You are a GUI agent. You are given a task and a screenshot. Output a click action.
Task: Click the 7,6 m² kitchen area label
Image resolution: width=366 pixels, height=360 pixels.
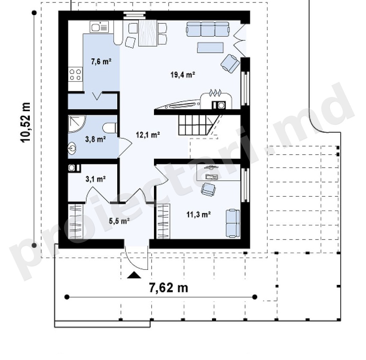[101, 62]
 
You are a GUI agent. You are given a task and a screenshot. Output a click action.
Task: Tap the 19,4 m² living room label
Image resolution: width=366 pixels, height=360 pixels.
[183, 75]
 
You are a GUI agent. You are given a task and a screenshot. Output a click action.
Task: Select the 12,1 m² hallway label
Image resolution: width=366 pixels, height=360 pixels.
[148, 135]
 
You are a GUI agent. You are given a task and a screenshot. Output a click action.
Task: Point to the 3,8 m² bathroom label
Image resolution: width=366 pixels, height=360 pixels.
[96, 140]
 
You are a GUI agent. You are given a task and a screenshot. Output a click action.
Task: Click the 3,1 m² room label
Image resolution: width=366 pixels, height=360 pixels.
[96, 179]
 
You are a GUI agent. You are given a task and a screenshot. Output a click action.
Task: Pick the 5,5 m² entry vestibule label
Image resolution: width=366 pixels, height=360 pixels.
[119, 220]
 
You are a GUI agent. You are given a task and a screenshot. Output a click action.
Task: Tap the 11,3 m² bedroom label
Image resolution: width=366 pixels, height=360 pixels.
[199, 214]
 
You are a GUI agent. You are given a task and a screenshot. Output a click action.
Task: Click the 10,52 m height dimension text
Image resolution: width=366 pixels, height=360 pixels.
[25, 122]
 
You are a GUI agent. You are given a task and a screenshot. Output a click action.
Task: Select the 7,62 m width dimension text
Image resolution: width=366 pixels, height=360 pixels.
[168, 288]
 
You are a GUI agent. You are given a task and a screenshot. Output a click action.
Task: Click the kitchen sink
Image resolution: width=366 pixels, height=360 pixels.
[99, 27]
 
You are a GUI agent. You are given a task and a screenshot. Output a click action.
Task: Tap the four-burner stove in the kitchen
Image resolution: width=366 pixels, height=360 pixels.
[76, 75]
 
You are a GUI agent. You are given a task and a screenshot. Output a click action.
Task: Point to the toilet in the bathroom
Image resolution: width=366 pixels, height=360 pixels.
[109, 128]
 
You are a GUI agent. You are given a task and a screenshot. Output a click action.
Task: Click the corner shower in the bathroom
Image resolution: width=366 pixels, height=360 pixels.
[77, 124]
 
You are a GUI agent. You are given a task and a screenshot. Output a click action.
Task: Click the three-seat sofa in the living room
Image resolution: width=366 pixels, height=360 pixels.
[208, 29]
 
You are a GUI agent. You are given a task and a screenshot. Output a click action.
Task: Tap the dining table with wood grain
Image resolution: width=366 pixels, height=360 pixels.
[148, 33]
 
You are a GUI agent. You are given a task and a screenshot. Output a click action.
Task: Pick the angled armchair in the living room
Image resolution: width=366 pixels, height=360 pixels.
[230, 63]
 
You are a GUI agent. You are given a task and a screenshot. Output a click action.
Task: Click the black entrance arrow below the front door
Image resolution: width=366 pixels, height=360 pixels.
[134, 275]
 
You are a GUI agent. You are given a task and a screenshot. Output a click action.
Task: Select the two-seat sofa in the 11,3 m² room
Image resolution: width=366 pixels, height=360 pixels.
[232, 224]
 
